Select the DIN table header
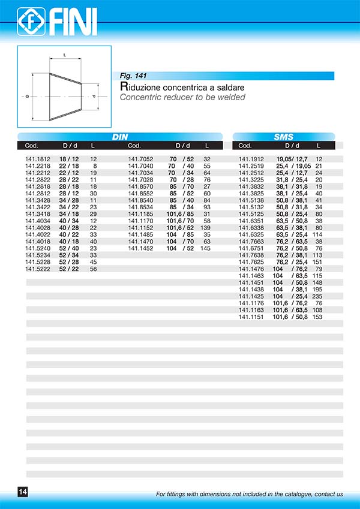point(120,137)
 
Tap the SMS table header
point(283,137)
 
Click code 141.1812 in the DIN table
point(38,159)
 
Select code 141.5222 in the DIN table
point(38,269)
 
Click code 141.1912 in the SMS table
point(251,159)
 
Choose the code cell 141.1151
point(251,317)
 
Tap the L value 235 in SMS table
point(317,296)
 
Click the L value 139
point(205,228)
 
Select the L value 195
point(317,290)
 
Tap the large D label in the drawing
point(27,97)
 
